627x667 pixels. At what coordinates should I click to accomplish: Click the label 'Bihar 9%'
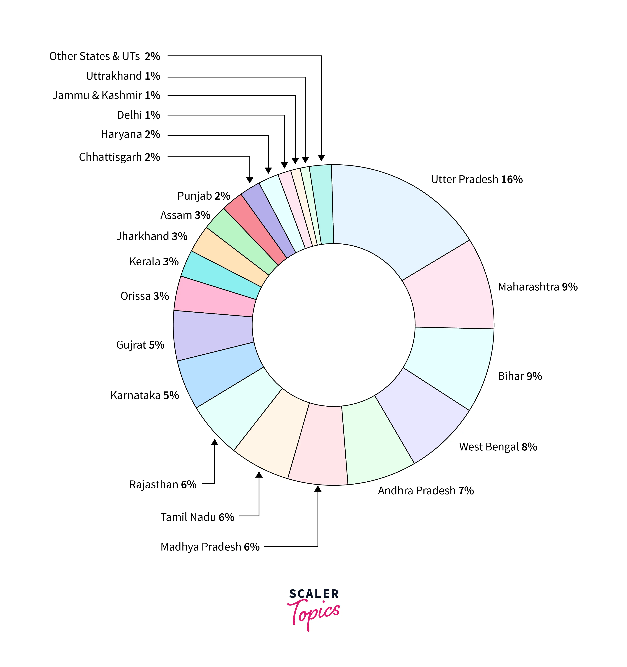click(x=520, y=376)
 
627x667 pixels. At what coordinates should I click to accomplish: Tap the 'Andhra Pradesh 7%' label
click(x=426, y=490)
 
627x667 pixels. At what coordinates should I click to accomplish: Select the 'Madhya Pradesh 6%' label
click(x=210, y=546)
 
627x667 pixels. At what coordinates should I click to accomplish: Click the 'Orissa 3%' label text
click(x=145, y=296)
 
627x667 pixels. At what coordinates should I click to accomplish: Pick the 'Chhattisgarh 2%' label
click(x=119, y=157)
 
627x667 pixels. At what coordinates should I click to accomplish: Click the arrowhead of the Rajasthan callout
click(x=214, y=442)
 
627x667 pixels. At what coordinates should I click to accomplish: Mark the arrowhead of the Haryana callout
click(x=268, y=170)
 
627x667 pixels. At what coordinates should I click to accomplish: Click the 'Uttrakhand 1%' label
click(x=123, y=76)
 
